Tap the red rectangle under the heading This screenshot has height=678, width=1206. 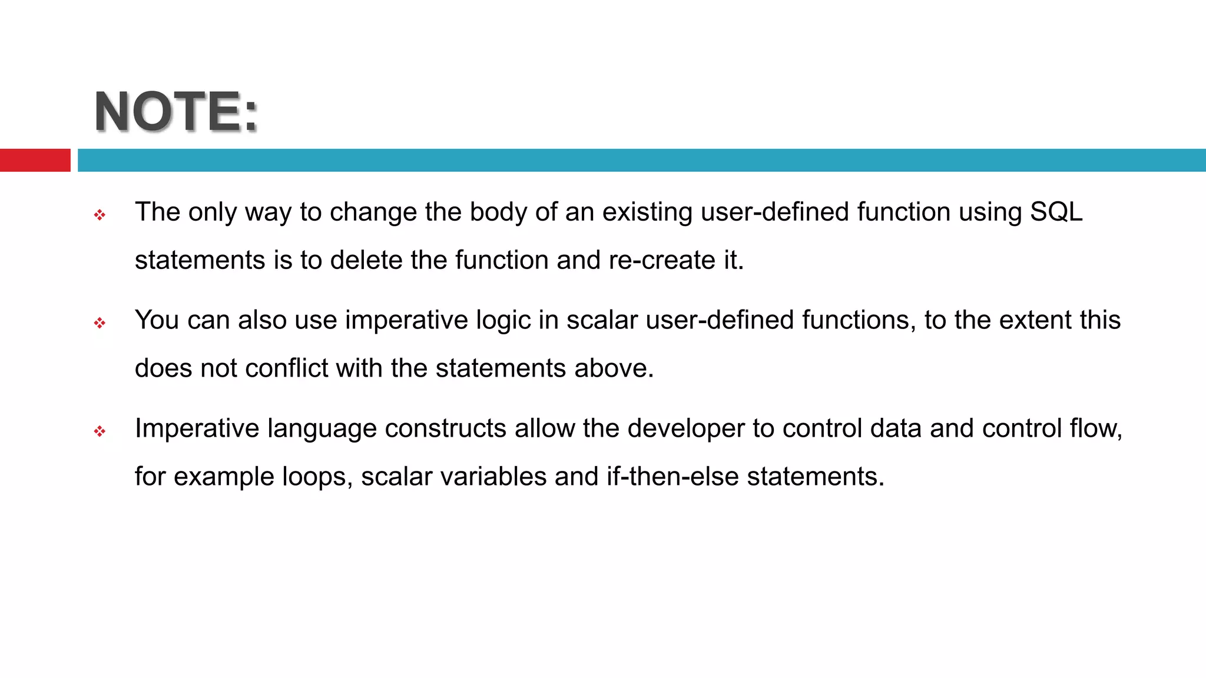pyautogui.click(x=35, y=160)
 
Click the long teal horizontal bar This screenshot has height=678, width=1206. pyautogui.click(x=641, y=160)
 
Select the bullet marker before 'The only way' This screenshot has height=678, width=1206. pyautogui.click(x=100, y=215)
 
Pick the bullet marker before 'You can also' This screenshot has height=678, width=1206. pyautogui.click(x=100, y=323)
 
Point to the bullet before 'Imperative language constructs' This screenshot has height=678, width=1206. pyautogui.click(x=100, y=431)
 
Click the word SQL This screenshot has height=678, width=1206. pyautogui.click(x=1056, y=212)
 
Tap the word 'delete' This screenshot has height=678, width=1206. pyautogui.click(x=366, y=260)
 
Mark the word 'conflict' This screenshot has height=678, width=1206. pyautogui.click(x=286, y=368)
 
